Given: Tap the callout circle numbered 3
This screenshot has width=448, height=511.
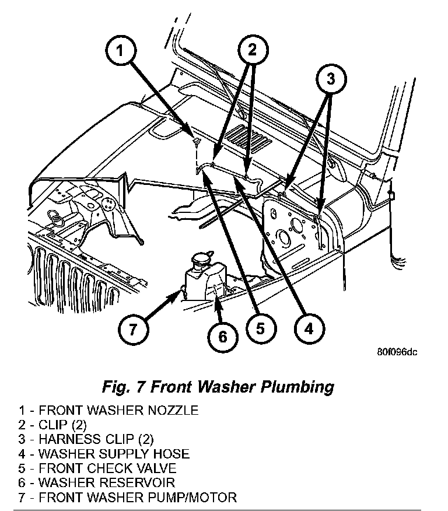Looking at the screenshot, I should pyautogui.click(x=330, y=80).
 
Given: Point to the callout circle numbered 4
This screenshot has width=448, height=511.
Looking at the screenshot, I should pyautogui.click(x=307, y=328).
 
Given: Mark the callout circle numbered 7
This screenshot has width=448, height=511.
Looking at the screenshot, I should pyautogui.click(x=133, y=330).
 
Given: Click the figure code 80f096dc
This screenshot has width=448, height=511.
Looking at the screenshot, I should pyautogui.click(x=398, y=352).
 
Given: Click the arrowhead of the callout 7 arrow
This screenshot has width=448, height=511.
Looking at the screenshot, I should pyautogui.click(x=178, y=296).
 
